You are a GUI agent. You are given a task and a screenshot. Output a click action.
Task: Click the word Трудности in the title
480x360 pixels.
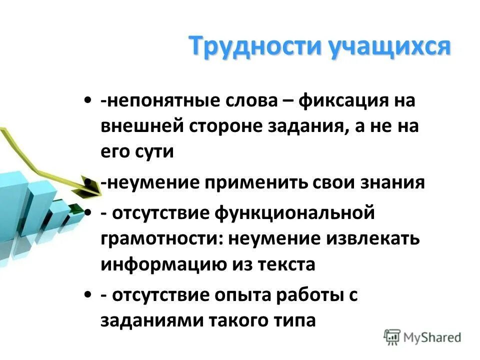point(254,47)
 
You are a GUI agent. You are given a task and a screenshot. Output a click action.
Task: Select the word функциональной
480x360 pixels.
point(294,213)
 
